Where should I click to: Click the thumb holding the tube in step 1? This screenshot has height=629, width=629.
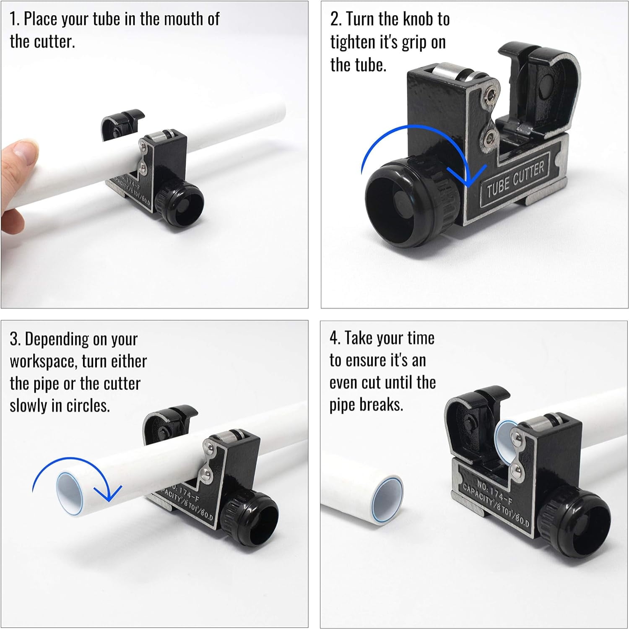[19, 153]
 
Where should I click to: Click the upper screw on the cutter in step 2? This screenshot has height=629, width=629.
[489, 95]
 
